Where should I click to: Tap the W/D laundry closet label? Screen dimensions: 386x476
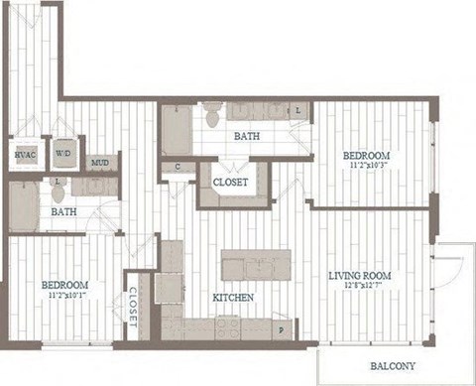(62, 155)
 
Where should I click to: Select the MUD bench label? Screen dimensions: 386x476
(100, 163)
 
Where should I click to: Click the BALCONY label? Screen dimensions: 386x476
(393, 366)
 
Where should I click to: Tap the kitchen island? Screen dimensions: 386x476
(256, 265)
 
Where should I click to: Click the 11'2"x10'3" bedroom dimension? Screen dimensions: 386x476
(366, 167)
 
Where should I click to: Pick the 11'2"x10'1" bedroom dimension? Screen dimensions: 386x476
(63, 295)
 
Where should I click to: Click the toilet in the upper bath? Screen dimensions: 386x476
(211, 117)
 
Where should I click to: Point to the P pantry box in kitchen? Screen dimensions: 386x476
(282, 328)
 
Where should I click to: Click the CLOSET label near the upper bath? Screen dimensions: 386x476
(233, 181)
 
